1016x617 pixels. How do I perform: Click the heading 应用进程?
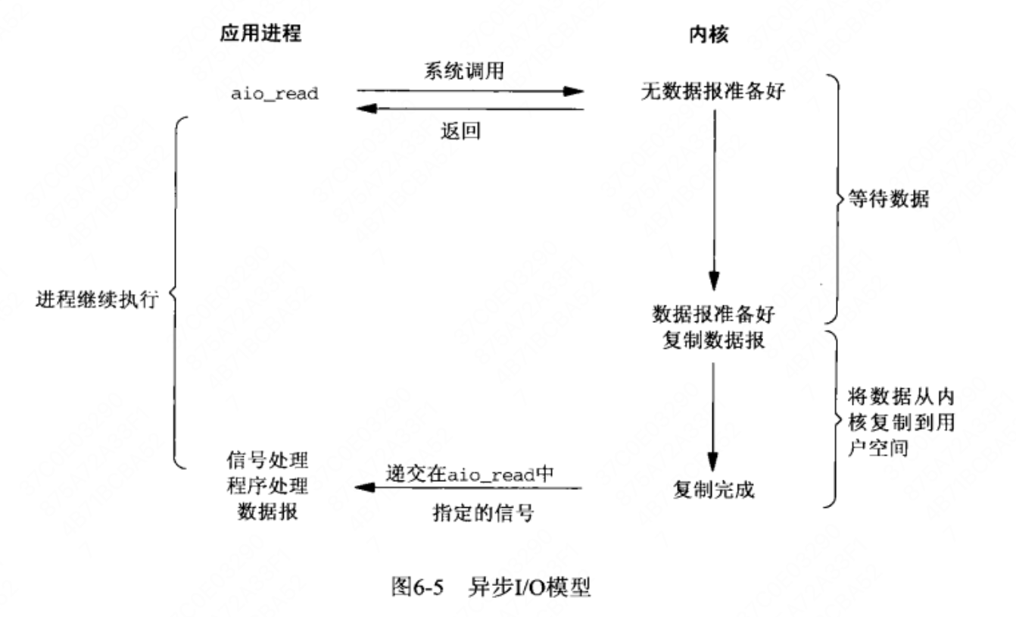point(260,33)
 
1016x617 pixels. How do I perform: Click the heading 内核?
point(709,35)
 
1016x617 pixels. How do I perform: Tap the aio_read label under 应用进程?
point(274,94)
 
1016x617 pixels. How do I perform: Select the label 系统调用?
point(464,70)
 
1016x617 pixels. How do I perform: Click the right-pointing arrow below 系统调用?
point(470,91)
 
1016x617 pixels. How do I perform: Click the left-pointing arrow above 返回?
point(470,109)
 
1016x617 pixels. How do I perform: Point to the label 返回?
point(460,131)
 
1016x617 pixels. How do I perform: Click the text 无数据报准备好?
point(713,91)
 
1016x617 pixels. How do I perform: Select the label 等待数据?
point(889,199)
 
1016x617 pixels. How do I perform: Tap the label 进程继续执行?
point(97,299)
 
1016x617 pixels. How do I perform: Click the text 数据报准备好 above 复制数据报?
point(713,314)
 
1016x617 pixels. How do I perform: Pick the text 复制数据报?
point(713,340)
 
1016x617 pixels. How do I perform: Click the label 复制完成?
point(713,490)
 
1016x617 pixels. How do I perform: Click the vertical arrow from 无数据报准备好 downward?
point(715,200)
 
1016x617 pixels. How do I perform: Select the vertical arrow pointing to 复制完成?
point(713,417)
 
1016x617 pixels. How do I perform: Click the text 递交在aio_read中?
point(470,474)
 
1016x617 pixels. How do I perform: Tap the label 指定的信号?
point(483,513)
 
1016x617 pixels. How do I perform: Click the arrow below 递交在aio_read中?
point(468,488)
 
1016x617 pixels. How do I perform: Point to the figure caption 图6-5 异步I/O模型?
point(491,587)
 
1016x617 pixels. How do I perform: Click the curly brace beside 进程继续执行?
point(176,293)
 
